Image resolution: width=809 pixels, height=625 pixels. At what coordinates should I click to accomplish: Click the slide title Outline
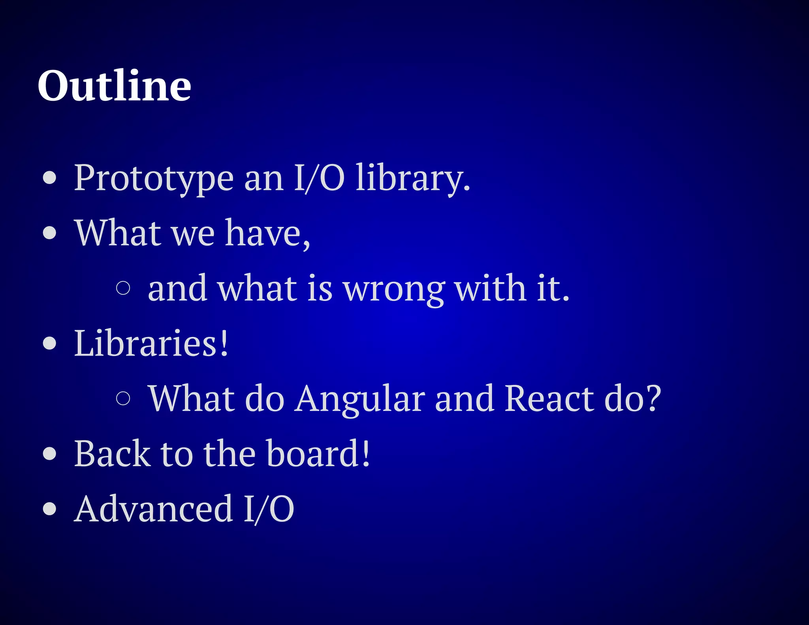(114, 86)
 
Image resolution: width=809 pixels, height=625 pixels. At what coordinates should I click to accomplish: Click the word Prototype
(154, 179)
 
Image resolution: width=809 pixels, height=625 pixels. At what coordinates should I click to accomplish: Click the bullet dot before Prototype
(50, 178)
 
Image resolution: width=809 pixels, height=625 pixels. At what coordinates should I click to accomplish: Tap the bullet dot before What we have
(50, 233)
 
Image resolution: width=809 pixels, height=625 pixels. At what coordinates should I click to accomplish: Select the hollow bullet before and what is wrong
(123, 288)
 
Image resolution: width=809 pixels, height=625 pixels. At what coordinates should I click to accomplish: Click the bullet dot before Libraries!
(50, 343)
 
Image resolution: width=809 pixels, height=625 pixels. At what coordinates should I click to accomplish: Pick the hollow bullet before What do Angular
(123, 398)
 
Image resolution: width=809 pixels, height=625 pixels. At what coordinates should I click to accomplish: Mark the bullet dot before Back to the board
(50, 454)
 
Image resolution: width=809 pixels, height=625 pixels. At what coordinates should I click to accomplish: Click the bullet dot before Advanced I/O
(50, 508)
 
